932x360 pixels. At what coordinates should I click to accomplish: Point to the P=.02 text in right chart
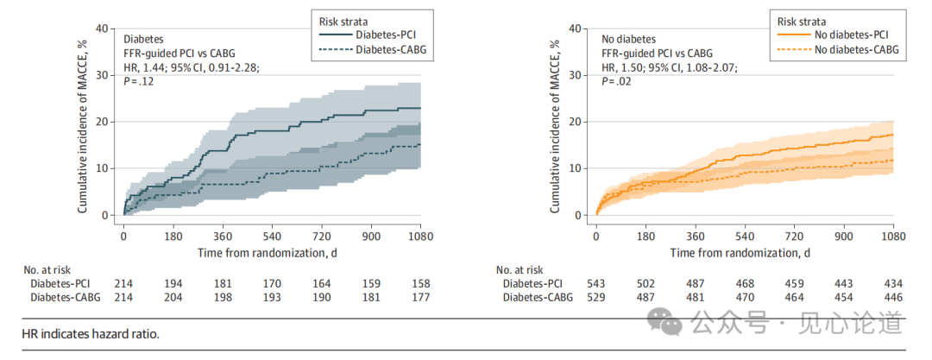point(615,80)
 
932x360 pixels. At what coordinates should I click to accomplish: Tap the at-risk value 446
point(892,297)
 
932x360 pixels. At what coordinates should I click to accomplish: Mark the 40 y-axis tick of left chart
point(103,28)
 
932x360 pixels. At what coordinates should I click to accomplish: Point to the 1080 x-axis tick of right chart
point(892,235)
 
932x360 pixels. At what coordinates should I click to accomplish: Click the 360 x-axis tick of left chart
point(223,235)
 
